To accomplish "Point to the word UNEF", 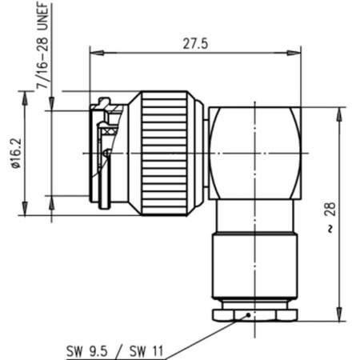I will pyautogui.click(x=39, y=16).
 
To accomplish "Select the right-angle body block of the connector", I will pyautogui.click(x=256, y=152).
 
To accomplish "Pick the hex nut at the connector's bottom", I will pyautogui.click(x=256, y=313).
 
